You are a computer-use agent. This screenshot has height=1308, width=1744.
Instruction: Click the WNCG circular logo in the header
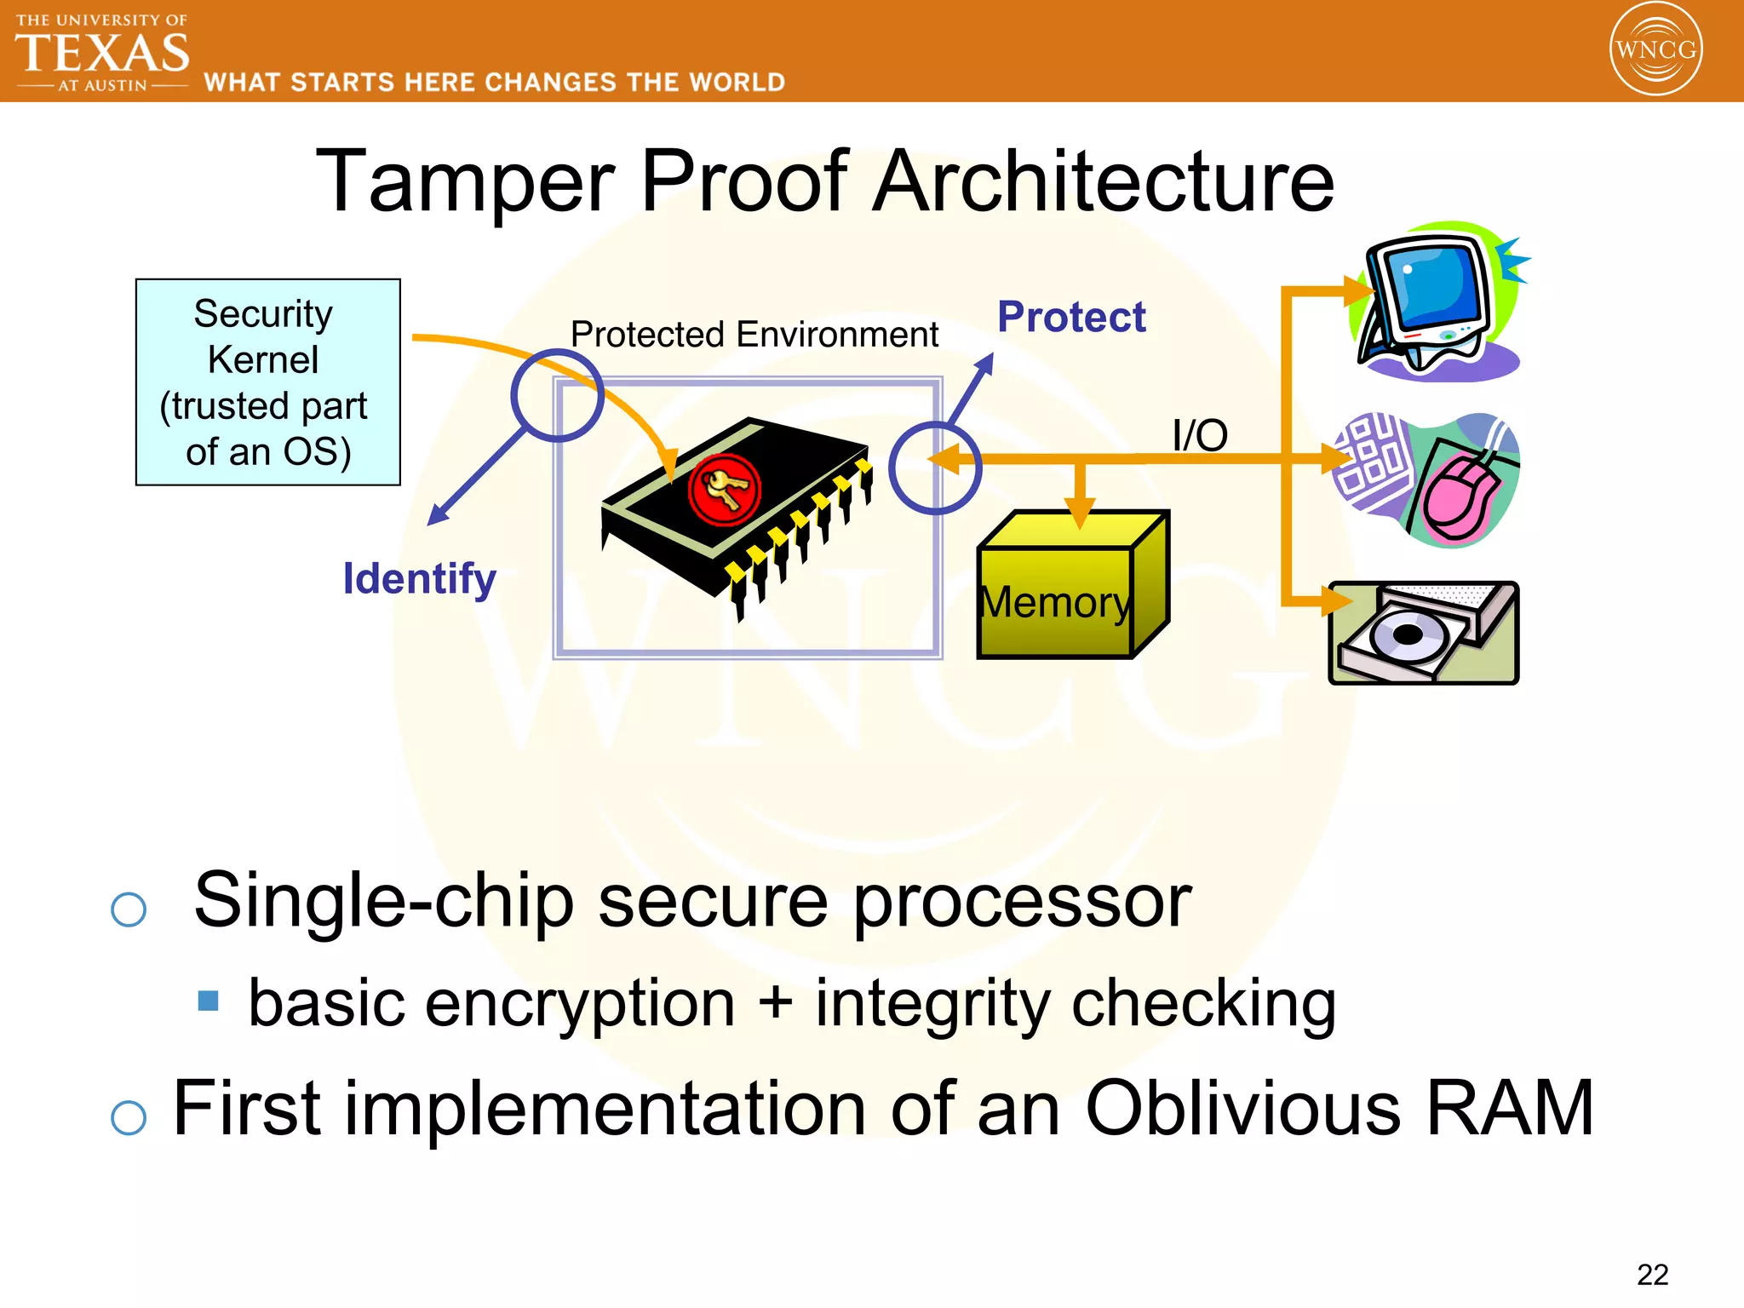(x=1655, y=49)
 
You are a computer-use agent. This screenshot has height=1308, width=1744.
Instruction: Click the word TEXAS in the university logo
(x=102, y=54)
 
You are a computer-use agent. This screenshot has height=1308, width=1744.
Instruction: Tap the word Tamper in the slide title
(x=465, y=181)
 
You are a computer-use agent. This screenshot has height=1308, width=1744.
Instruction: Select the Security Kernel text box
(x=267, y=382)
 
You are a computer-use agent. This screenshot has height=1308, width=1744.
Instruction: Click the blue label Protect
(x=1071, y=318)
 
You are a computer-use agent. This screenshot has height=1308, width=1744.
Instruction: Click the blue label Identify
(x=419, y=579)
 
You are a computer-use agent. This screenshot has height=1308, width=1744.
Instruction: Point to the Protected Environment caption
(x=754, y=335)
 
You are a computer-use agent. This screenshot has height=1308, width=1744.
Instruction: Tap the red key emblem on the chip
(x=723, y=490)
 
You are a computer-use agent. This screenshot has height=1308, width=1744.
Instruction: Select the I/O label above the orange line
(x=1199, y=436)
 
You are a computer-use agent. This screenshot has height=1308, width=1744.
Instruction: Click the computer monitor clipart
(x=1436, y=302)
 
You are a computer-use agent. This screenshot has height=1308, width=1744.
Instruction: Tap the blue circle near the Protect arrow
(x=934, y=468)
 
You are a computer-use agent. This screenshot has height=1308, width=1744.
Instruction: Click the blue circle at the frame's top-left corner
(x=558, y=395)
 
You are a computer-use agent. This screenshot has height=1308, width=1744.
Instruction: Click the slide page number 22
(x=1651, y=1275)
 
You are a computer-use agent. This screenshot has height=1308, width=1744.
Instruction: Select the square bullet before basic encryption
(x=208, y=1001)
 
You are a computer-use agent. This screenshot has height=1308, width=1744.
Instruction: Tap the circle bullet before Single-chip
(x=129, y=909)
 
